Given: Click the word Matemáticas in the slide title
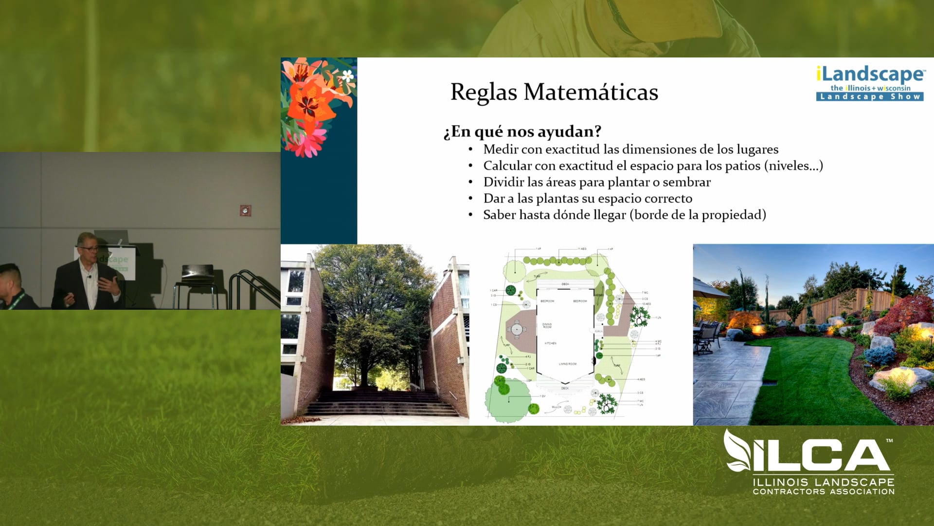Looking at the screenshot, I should (x=591, y=92).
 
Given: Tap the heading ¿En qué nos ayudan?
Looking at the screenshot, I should (x=522, y=131).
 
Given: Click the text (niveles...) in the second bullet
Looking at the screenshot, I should (x=793, y=166).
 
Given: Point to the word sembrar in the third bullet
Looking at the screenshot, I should (x=686, y=182).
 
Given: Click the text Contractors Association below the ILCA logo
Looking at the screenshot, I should (x=824, y=492).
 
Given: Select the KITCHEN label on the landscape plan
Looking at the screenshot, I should (x=550, y=343).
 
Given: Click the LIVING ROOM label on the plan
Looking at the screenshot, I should (x=567, y=364).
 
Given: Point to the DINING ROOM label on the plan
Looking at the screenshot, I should (x=547, y=325).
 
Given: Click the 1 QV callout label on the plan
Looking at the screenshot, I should (x=542, y=396).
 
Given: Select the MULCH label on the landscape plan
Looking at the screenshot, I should (x=557, y=407).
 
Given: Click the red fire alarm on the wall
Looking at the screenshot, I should (x=245, y=210).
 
